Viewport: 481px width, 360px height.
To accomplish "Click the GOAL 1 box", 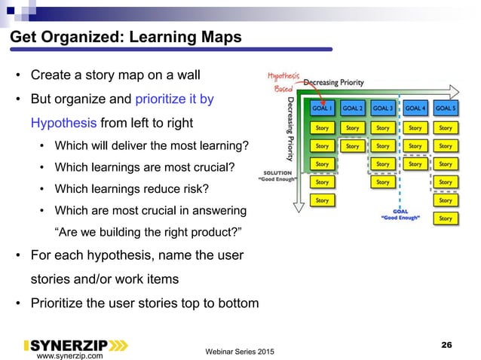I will click(x=322, y=108).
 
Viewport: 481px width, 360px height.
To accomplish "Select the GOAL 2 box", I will click(x=353, y=108).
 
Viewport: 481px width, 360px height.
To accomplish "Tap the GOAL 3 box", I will click(x=383, y=108).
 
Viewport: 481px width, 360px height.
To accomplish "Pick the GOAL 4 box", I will click(x=415, y=108).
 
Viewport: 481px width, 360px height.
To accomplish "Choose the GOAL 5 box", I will click(x=446, y=108).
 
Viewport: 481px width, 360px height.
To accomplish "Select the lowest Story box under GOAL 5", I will click(x=446, y=218).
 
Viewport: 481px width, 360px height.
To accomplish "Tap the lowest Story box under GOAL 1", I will click(x=322, y=200).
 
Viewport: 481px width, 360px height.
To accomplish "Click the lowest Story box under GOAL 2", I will click(x=353, y=146).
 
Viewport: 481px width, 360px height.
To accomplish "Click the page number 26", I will click(x=446, y=344).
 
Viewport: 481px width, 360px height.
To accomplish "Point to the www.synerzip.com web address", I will click(x=71, y=355).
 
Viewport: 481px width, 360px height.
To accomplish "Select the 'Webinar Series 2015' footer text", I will click(x=240, y=352).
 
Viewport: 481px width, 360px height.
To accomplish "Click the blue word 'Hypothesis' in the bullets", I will click(x=64, y=123).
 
